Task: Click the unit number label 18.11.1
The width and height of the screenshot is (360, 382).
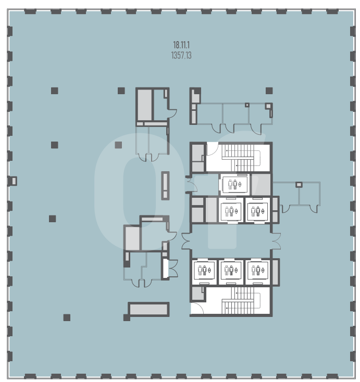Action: point(181,45)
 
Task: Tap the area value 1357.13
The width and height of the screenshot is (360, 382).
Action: point(181,56)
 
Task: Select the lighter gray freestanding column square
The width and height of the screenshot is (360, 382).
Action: point(118,145)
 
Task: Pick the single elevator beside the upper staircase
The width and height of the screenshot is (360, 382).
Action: point(234,184)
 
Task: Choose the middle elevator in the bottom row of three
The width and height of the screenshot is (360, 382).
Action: point(231,271)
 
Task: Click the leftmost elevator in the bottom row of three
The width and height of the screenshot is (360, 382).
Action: point(204,271)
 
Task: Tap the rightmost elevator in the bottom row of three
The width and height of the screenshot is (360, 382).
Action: point(257,271)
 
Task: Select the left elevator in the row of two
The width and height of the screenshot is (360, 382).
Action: point(231,210)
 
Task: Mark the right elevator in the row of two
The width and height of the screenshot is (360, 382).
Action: point(257,210)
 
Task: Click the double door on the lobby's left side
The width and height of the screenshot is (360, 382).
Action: point(186,241)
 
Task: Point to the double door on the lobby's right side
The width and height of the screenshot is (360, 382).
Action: point(276,241)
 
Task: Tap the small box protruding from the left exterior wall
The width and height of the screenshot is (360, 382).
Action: point(13,181)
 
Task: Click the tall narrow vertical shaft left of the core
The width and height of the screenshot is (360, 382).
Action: point(165,186)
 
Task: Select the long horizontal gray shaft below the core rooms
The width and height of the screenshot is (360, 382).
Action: point(148,309)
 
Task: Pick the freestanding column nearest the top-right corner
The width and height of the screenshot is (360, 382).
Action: point(269,91)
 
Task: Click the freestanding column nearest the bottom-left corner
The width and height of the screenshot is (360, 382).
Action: point(67,317)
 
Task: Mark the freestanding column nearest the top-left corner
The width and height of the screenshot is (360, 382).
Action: point(55,91)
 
